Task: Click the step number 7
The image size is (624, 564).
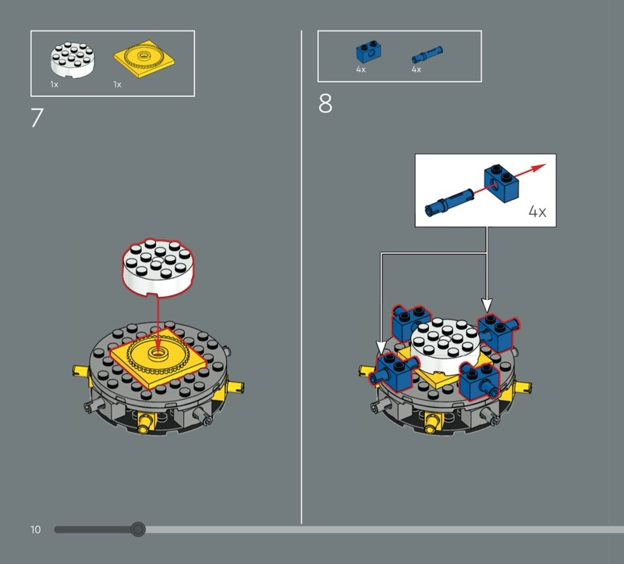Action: pyautogui.click(x=37, y=118)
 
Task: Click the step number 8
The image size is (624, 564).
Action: pyautogui.click(x=325, y=104)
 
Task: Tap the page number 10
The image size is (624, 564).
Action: pyautogui.click(x=35, y=530)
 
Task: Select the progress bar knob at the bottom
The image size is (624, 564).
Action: pyautogui.click(x=138, y=530)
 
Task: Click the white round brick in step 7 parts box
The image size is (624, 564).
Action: pyautogui.click(x=73, y=59)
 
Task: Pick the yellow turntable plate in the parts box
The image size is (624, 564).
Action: pyautogui.click(x=144, y=59)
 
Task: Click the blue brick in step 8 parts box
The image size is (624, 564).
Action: pyautogui.click(x=368, y=52)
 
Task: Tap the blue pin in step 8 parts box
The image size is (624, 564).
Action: pyautogui.click(x=427, y=54)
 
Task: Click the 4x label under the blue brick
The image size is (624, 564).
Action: pyautogui.click(x=360, y=70)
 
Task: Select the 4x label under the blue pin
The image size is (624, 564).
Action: pyautogui.click(x=416, y=70)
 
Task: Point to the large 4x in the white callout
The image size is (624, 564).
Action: pyautogui.click(x=537, y=211)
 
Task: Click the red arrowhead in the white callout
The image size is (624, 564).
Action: pyautogui.click(x=540, y=167)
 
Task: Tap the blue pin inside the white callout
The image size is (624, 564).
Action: pyautogui.click(x=448, y=202)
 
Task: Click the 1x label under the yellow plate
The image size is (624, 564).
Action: pyautogui.click(x=117, y=84)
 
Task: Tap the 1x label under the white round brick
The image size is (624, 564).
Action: pyautogui.click(x=54, y=84)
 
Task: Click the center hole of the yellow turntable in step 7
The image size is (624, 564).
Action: pyautogui.click(x=158, y=352)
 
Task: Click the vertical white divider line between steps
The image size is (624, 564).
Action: pyautogui.click(x=301, y=277)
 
